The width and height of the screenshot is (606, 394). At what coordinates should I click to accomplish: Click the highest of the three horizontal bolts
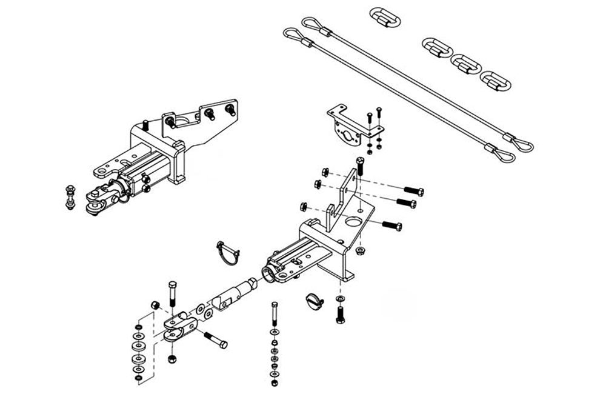click(410, 190)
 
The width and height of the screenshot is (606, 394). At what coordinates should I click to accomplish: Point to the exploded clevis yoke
click(179, 324)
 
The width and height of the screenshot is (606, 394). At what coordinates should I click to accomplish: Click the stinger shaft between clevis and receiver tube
click(233, 295)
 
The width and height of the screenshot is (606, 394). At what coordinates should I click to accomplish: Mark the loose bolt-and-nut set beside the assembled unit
click(70, 196)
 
